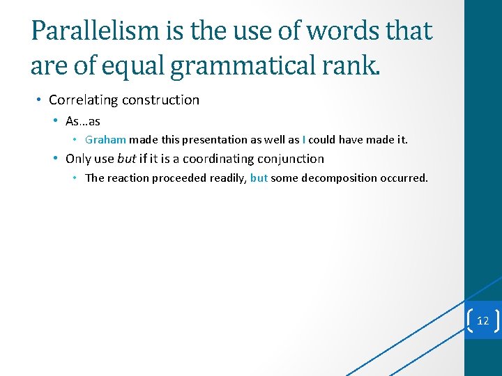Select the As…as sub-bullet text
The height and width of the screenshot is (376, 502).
tap(83, 121)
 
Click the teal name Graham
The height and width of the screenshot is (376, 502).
tap(105, 140)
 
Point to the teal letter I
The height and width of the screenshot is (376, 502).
tap(303, 140)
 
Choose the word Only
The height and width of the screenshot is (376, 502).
tap(79, 159)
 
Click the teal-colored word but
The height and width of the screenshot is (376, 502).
tap(259, 178)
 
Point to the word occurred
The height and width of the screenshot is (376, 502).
tap(404, 178)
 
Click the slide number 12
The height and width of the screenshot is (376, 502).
tap(482, 321)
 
